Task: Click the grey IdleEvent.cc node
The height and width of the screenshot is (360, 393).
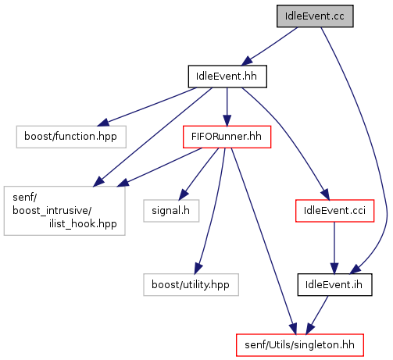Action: [315, 16]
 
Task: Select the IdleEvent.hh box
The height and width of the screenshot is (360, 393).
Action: [227, 77]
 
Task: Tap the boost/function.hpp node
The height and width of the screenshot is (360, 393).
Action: [71, 137]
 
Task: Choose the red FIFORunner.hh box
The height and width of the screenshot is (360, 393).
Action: [227, 137]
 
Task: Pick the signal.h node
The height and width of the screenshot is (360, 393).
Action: [171, 211]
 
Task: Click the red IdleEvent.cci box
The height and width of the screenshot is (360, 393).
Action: [334, 211]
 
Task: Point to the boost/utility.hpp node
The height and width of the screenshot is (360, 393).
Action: [191, 284]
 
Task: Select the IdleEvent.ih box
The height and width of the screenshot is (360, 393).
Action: [334, 284]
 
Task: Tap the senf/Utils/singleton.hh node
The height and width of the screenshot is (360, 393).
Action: [300, 345]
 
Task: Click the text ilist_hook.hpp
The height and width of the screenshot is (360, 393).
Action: [83, 223]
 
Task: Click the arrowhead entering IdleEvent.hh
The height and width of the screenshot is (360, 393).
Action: [246, 61]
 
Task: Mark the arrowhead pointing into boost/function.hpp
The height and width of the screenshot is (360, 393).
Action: [102, 122]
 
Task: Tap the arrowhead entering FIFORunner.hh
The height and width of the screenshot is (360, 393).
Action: [227, 121]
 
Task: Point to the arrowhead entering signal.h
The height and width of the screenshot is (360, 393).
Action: [184, 195]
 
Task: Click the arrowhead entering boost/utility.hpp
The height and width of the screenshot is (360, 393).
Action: [198, 269]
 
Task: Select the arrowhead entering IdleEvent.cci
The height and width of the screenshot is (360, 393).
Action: [325, 195]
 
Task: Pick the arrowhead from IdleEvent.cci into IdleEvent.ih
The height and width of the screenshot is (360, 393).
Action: [334, 269]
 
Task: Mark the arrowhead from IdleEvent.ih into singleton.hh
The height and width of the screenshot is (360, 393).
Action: [310, 329]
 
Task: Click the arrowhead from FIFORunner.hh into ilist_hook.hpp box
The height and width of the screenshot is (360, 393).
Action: [123, 183]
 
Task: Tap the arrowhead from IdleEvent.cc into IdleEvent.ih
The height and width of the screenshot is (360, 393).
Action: [355, 269]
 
